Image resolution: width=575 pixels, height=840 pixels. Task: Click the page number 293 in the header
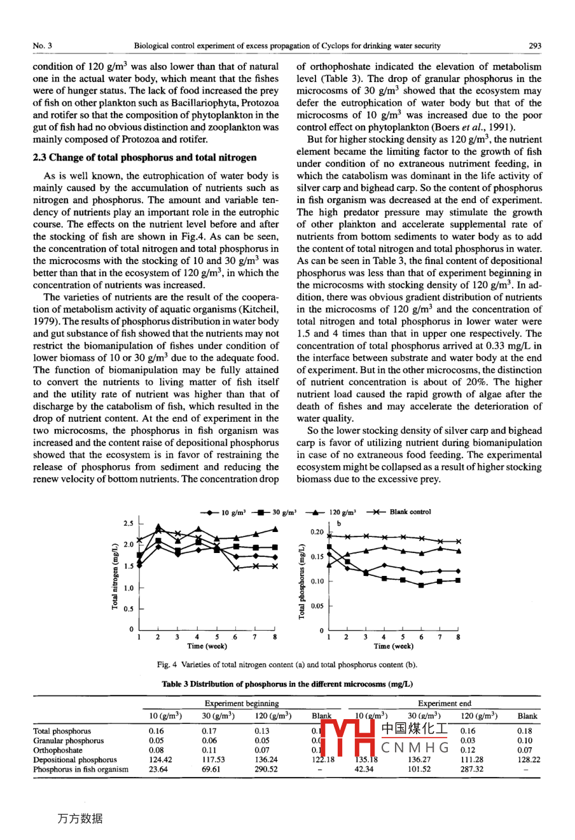click(x=535, y=46)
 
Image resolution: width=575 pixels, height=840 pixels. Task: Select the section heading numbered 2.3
click(x=144, y=157)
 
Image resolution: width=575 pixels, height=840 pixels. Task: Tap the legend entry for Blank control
click(x=410, y=512)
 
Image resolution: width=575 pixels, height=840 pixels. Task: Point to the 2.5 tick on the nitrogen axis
click(x=128, y=523)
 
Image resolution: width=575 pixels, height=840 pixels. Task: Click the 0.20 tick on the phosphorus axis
click(x=317, y=532)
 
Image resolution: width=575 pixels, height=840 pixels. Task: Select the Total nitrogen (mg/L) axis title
click(x=115, y=577)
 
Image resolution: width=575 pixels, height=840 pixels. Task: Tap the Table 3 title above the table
click(x=287, y=684)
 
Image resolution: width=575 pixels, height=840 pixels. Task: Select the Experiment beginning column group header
click(x=241, y=703)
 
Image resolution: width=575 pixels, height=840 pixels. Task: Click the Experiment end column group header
click(x=444, y=703)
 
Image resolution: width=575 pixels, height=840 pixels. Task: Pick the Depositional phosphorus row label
click(x=75, y=759)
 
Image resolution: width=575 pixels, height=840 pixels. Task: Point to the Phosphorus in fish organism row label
click(x=81, y=769)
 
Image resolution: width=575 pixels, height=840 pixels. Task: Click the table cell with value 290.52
click(x=266, y=769)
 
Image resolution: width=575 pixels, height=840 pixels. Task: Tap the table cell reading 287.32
click(x=471, y=769)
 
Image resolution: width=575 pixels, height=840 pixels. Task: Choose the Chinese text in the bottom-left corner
click(x=80, y=818)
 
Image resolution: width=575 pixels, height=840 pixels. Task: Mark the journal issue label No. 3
click(x=43, y=46)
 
